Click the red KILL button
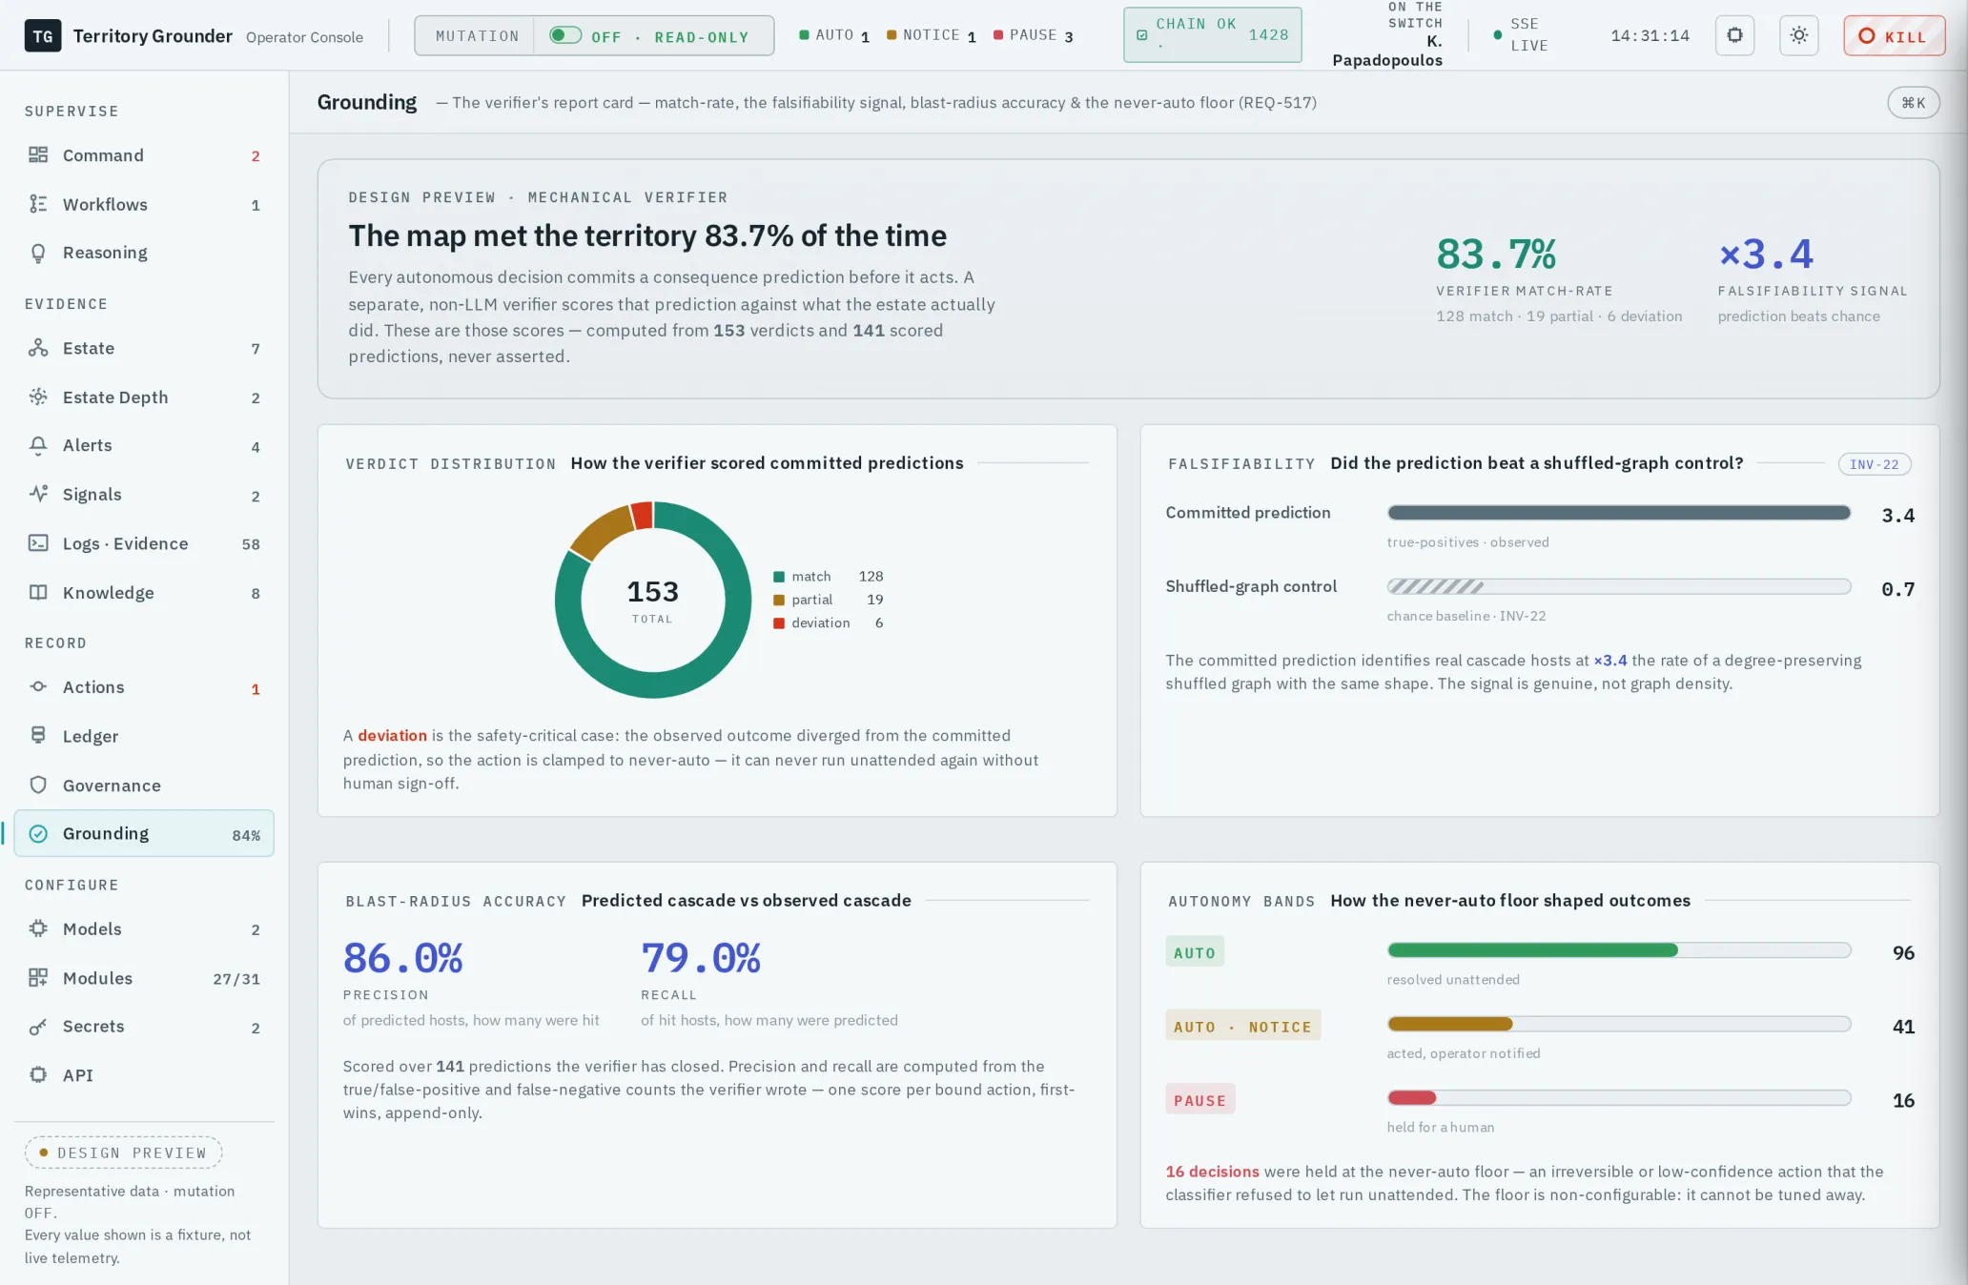coord(1894,36)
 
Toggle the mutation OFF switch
coord(565,35)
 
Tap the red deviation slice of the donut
coord(643,516)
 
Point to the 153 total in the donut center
coord(652,592)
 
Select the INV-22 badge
coord(1874,464)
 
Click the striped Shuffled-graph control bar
coord(1619,586)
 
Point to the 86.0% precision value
coord(402,958)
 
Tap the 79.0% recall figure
coord(701,958)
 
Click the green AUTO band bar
coord(1532,950)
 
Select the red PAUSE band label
coord(1199,1100)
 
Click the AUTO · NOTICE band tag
coord(1242,1027)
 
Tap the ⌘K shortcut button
coord(1913,103)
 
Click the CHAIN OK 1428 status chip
coord(1212,35)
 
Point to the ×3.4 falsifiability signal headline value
coord(1766,254)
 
